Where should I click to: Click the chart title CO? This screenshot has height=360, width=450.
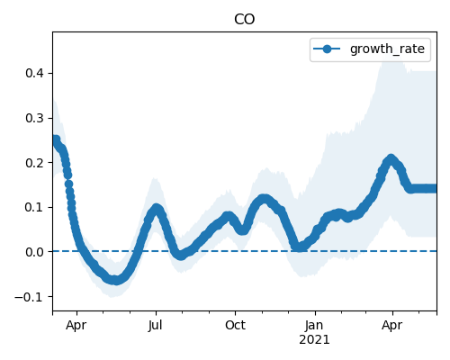pyautogui.click(x=244, y=20)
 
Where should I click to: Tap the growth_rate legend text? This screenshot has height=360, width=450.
pyautogui.click(x=387, y=49)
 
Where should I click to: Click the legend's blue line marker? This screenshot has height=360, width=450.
pyautogui.click(x=327, y=49)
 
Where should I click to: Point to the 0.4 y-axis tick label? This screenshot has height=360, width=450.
pyautogui.click(x=35, y=73)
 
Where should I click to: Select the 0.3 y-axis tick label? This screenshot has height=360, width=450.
pyautogui.click(x=35, y=118)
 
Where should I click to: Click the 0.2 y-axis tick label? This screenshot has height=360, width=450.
pyautogui.click(x=35, y=163)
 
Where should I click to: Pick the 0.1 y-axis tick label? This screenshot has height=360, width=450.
pyautogui.click(x=35, y=207)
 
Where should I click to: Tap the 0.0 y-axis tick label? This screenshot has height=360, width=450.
pyautogui.click(x=35, y=252)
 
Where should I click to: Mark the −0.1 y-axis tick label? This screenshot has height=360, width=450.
pyautogui.click(x=30, y=297)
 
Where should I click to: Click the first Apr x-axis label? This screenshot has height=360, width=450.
pyautogui.click(x=76, y=326)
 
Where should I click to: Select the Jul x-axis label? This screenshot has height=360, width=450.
pyautogui.click(x=156, y=325)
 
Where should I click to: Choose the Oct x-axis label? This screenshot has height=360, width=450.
pyautogui.click(x=235, y=325)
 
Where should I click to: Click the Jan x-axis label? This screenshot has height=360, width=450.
pyautogui.click(x=314, y=325)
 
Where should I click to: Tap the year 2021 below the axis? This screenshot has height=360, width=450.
pyautogui.click(x=314, y=339)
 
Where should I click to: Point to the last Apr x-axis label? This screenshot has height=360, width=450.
pyautogui.click(x=392, y=326)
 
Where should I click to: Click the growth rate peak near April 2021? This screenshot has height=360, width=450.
pyautogui.click(x=391, y=159)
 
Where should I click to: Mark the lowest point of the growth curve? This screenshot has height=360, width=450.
pyautogui.click(x=115, y=280)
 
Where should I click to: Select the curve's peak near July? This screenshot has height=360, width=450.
pyautogui.click(x=156, y=208)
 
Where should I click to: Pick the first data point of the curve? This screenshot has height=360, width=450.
pyautogui.click(x=56, y=139)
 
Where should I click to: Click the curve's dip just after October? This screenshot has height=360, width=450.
pyautogui.click(x=243, y=229)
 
